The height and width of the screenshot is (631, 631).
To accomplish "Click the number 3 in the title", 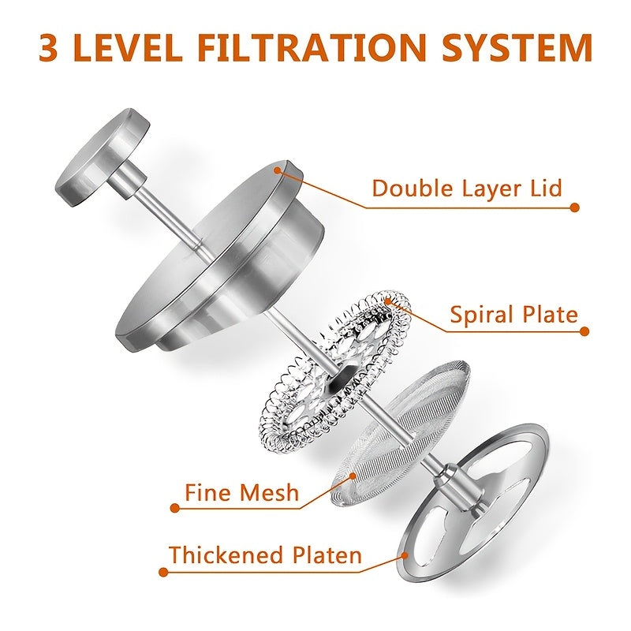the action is (x=48, y=47).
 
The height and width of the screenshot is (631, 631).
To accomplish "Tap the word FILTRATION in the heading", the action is (x=311, y=47).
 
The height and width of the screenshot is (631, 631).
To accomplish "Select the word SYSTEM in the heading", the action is (x=517, y=47).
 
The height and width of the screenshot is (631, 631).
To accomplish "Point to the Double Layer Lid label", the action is (x=466, y=188).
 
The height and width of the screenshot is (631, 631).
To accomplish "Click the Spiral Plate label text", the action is (x=514, y=314).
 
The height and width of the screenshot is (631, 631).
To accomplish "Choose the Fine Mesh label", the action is (x=241, y=492).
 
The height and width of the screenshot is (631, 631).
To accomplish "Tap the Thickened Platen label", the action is (x=265, y=555).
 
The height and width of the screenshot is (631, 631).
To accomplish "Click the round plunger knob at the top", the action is (x=103, y=157).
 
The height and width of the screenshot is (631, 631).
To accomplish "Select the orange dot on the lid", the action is (x=277, y=170).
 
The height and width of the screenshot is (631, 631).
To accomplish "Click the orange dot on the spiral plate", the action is (x=387, y=301).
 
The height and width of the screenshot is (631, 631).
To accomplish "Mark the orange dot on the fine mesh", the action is (x=353, y=476).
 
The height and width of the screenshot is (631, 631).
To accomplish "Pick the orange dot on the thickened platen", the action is (x=405, y=556).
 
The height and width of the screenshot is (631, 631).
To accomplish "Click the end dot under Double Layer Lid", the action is (x=575, y=207).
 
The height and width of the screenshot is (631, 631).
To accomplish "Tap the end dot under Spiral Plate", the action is (x=584, y=331).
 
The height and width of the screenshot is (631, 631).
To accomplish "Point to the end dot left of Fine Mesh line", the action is (x=174, y=508).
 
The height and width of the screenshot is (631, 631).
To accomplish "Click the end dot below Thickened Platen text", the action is (x=163, y=572).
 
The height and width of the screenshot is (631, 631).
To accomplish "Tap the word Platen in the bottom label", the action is (x=327, y=555).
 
